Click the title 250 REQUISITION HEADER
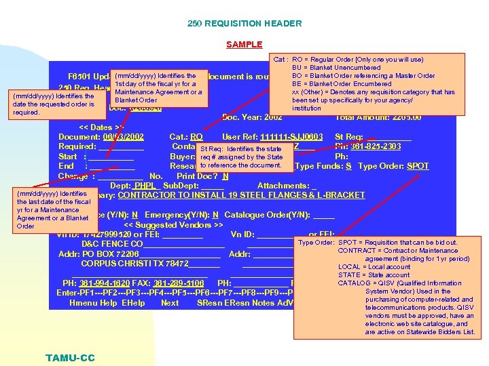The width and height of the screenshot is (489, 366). tap(244, 24)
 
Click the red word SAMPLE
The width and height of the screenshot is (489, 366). tap(244, 45)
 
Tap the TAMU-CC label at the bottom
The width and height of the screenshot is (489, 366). tap(71, 358)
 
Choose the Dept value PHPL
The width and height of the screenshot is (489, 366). tap(144, 186)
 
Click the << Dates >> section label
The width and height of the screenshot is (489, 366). tap(102, 127)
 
